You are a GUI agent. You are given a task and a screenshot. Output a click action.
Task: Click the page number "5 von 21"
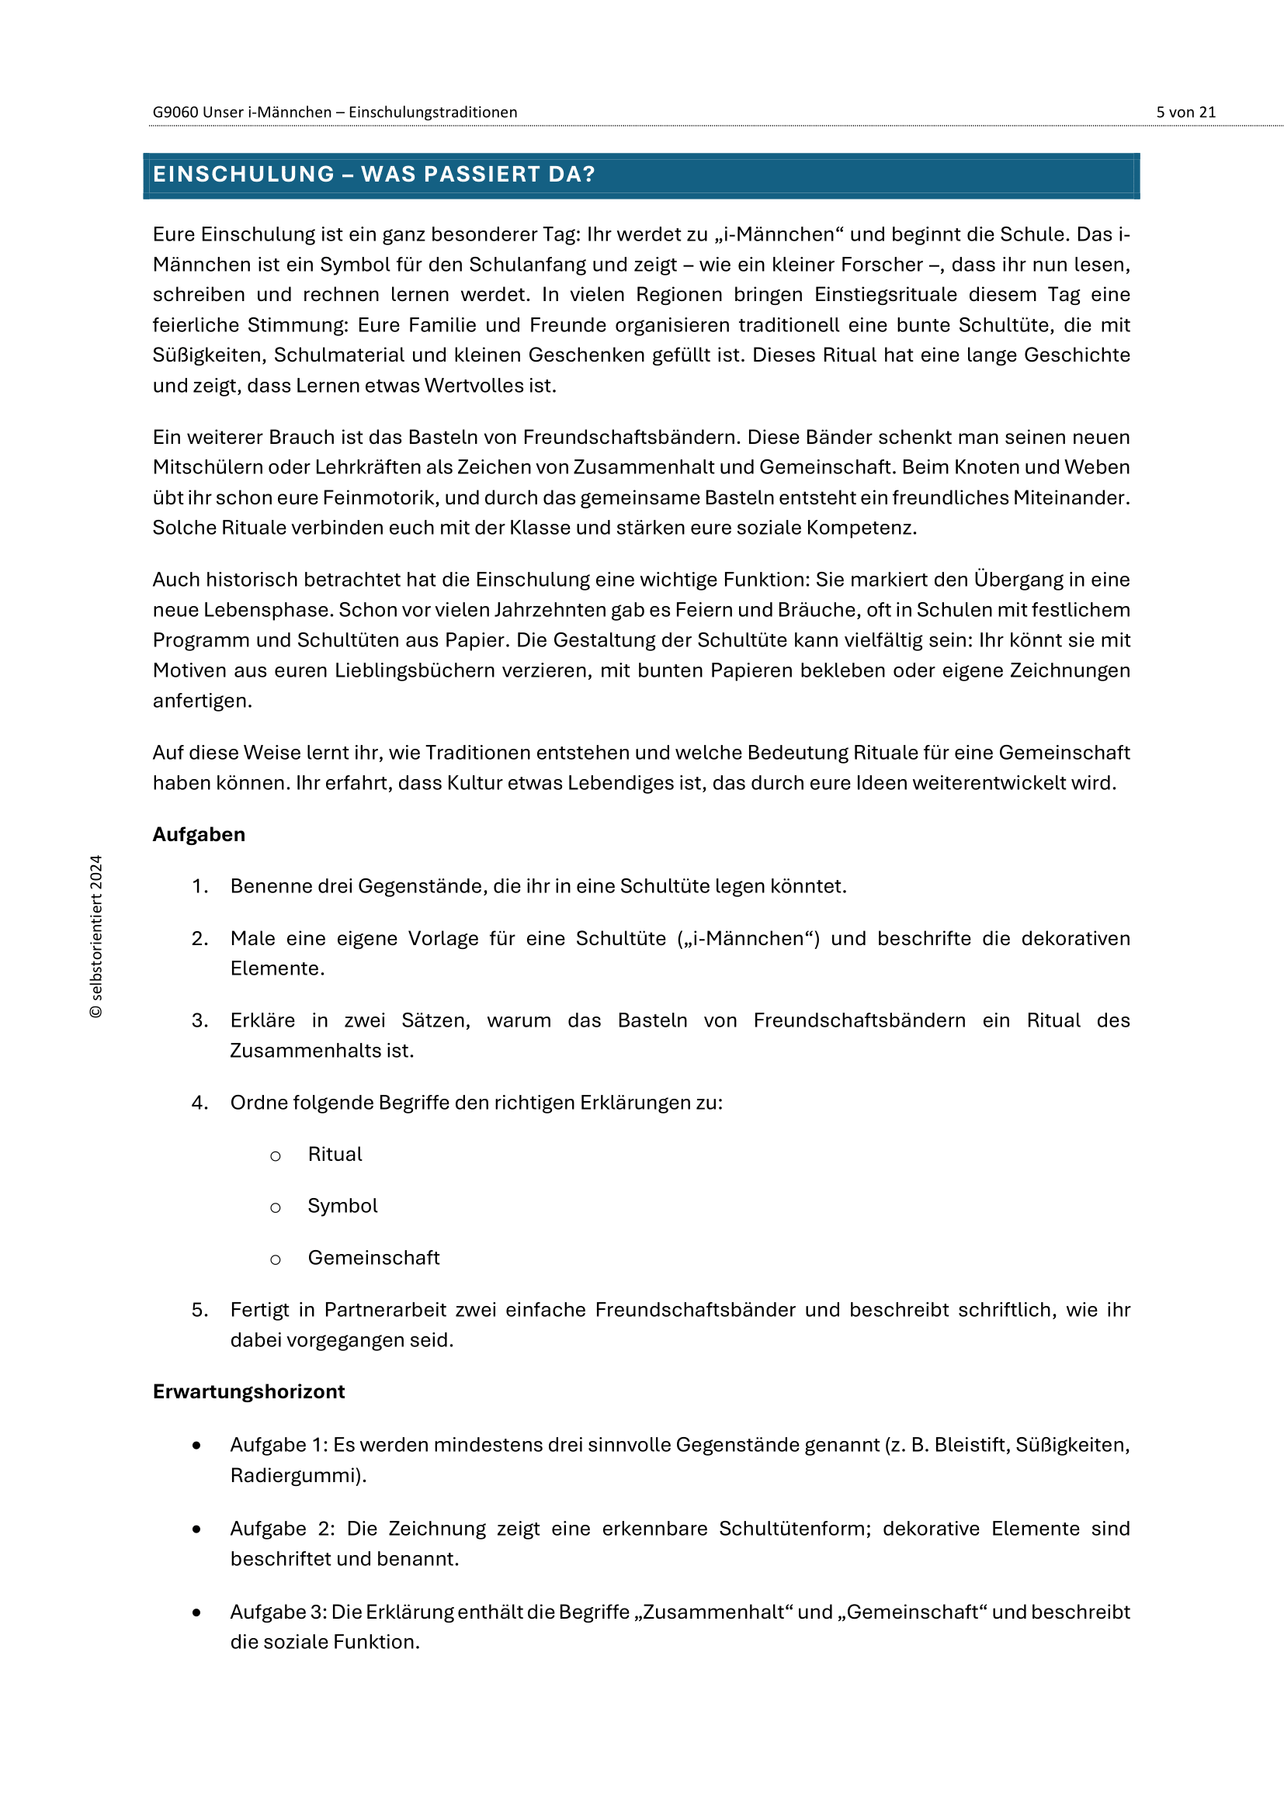[x=1185, y=113]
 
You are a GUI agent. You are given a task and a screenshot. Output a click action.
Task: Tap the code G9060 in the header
[x=175, y=113]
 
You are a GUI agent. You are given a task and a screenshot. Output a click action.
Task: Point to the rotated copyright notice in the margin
[x=96, y=936]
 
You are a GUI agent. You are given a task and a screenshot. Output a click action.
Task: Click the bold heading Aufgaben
[x=199, y=835]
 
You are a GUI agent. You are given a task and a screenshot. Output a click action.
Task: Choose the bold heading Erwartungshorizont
[x=248, y=1391]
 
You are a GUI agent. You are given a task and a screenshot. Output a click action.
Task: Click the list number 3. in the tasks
[x=200, y=1020]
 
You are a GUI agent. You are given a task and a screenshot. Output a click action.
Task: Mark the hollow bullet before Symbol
[x=275, y=1207]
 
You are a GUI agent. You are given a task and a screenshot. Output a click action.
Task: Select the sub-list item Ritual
[x=335, y=1154]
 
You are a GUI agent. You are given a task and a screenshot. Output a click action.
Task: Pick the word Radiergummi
[x=296, y=1475]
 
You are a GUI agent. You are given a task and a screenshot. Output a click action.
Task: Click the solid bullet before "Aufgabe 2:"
[x=196, y=1529]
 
